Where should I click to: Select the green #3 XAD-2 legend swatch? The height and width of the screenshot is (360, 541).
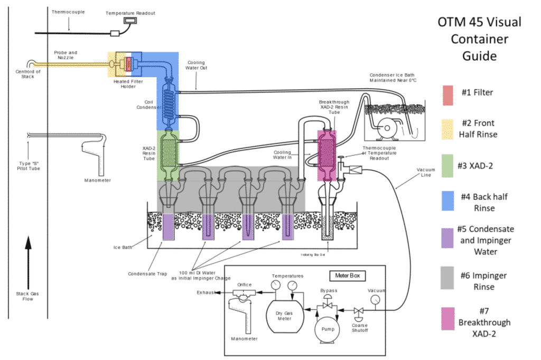click(449, 165)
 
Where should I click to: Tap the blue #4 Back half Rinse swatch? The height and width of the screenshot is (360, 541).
click(449, 202)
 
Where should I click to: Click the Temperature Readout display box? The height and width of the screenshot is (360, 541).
click(129, 21)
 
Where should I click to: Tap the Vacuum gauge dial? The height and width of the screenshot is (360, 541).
click(375, 300)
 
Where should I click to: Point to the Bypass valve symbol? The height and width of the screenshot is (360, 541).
click(328, 304)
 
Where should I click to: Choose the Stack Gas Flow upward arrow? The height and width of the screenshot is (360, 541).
click(28, 262)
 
